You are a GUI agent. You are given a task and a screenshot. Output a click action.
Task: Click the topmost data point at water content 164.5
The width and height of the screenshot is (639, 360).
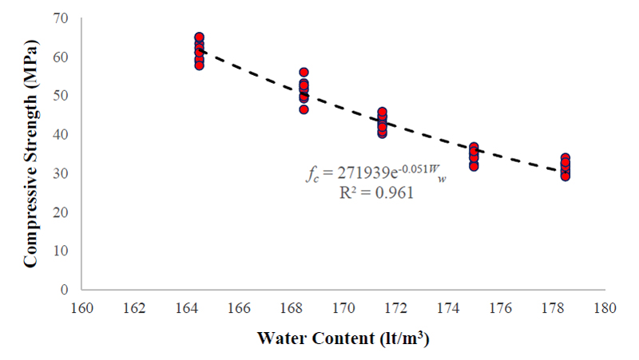199,38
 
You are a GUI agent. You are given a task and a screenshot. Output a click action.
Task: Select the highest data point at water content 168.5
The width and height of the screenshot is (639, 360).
304,73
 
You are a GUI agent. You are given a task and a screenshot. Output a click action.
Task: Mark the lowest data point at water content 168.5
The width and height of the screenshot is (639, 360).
304,109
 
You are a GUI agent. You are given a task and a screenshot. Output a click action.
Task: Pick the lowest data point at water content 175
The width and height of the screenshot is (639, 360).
474,166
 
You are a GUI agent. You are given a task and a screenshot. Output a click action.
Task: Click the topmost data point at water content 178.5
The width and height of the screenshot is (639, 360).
565,158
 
